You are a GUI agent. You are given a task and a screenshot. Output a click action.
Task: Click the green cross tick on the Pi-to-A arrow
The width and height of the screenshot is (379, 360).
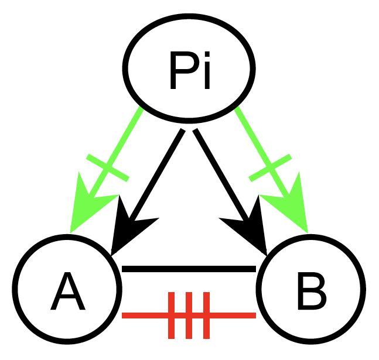tap(108, 167)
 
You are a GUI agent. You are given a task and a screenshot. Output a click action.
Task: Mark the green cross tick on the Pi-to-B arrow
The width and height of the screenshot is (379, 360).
tap(270, 167)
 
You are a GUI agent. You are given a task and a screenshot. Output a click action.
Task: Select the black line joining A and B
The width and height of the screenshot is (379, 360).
tap(189, 269)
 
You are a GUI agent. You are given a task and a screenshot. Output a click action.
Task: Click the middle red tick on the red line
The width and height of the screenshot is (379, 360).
tap(189, 316)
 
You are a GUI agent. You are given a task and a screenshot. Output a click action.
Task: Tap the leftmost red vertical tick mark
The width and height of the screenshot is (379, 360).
tap(172, 316)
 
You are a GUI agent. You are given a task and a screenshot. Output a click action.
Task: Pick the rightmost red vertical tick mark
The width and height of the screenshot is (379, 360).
tap(206, 316)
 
